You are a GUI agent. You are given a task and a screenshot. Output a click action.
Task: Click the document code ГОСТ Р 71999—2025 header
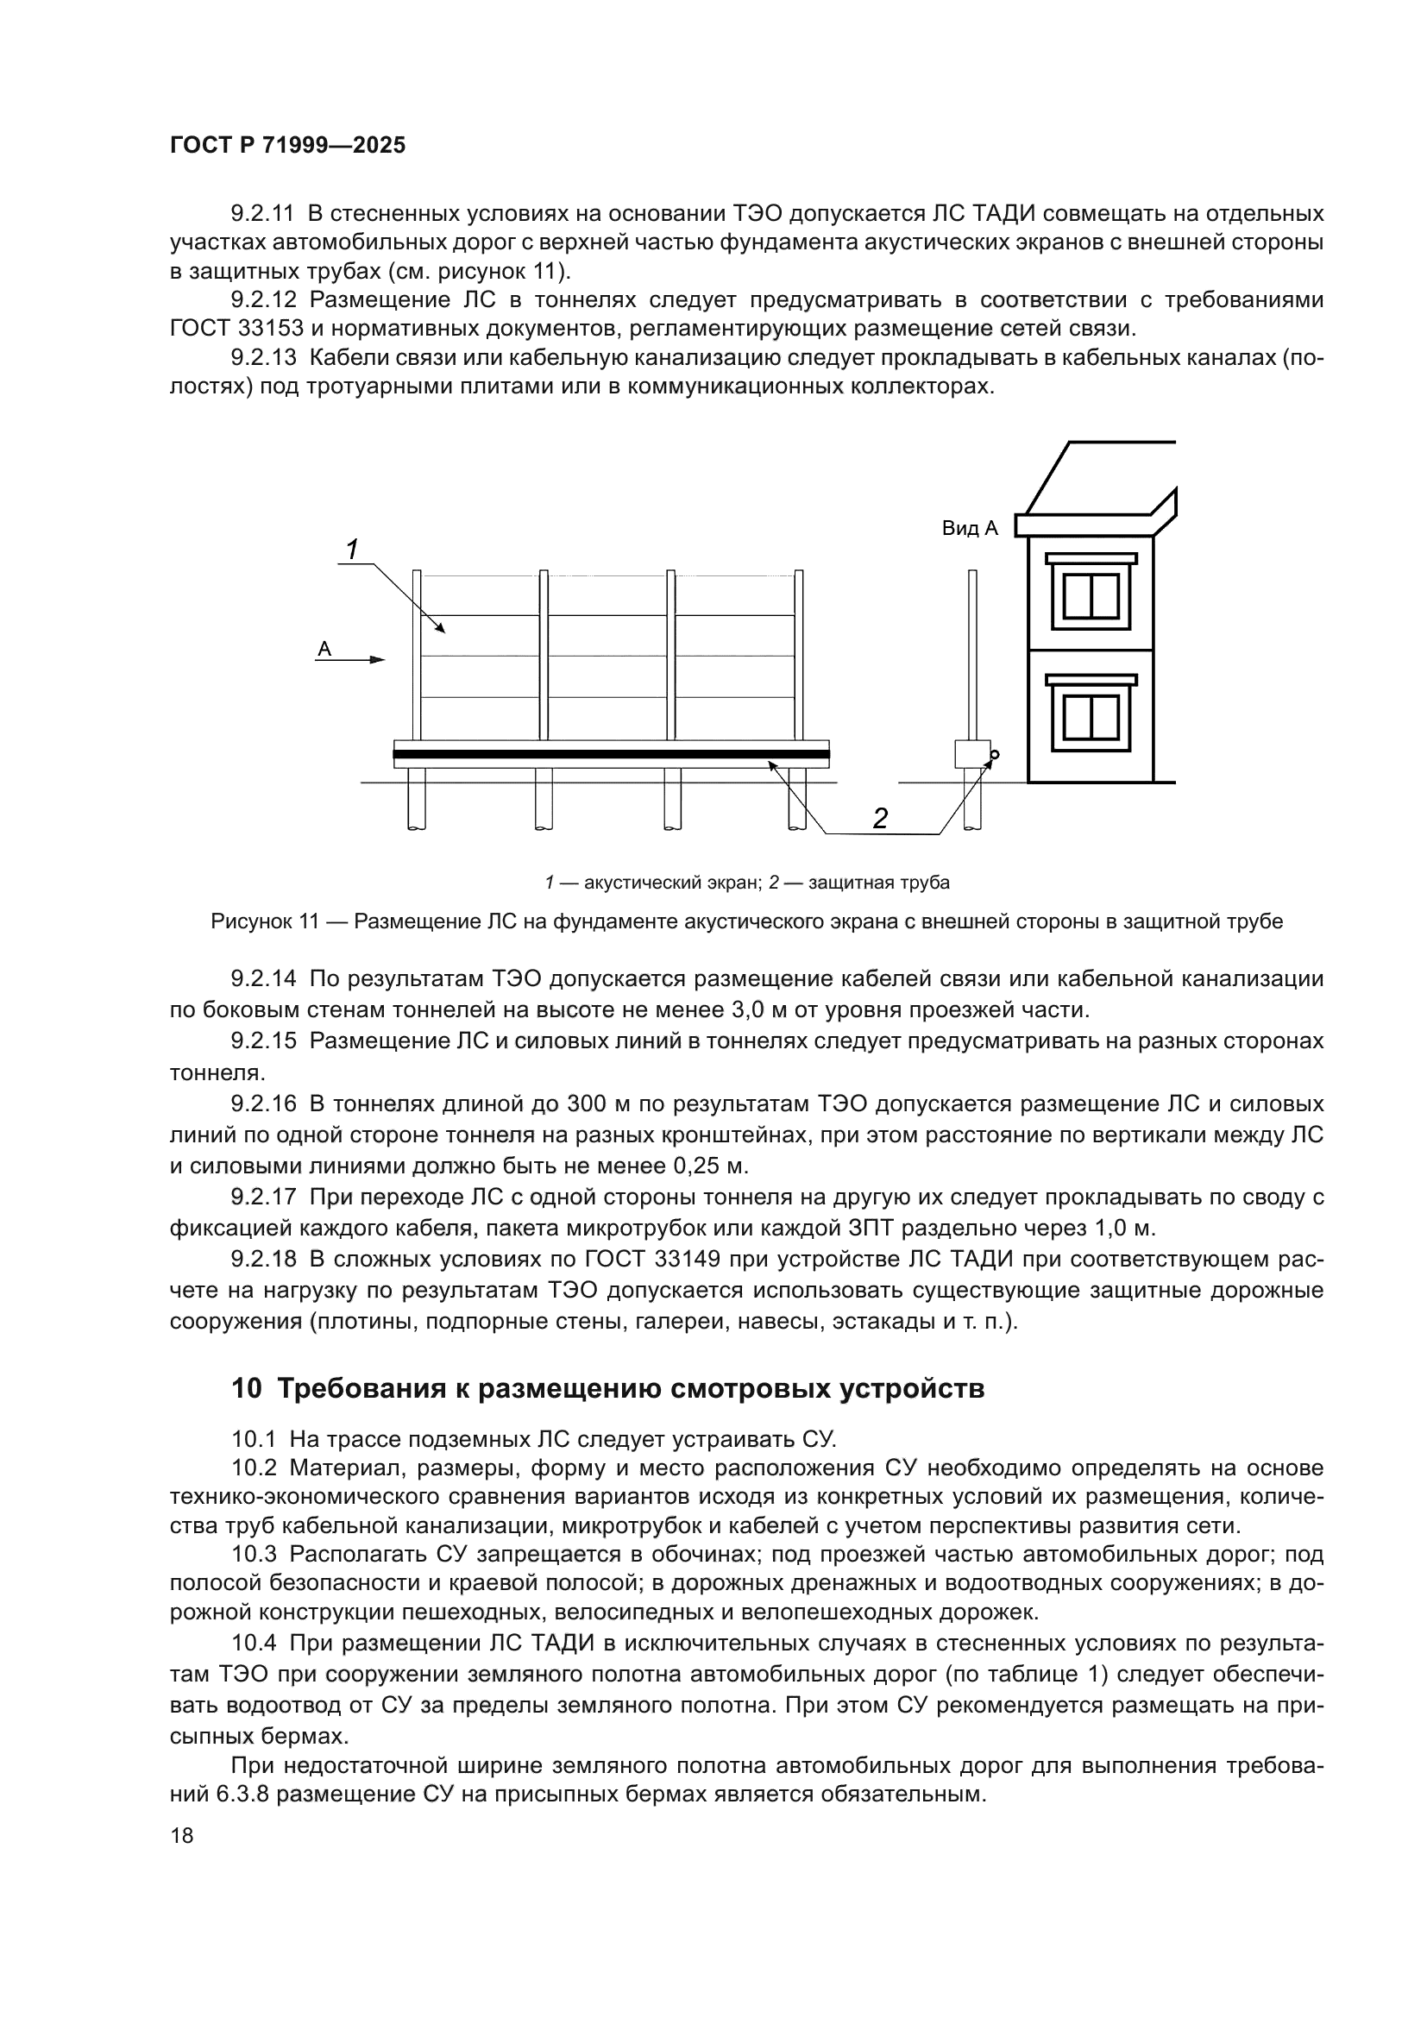[287, 146]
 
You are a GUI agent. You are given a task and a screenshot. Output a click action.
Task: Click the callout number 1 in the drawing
[351, 550]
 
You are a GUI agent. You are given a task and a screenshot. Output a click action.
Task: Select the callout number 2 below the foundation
[879, 818]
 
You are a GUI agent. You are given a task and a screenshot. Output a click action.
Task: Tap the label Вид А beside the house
[970, 528]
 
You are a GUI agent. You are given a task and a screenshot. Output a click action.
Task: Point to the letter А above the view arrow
[324, 649]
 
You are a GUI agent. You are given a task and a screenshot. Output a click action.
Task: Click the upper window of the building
[1091, 596]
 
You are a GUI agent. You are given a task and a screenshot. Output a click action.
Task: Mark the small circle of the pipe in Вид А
[995, 754]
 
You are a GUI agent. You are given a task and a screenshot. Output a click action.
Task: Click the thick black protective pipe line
[611, 754]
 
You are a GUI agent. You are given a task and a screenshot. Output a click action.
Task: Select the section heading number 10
[246, 1389]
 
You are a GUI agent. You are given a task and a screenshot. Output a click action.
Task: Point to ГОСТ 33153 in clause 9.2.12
[236, 329]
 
